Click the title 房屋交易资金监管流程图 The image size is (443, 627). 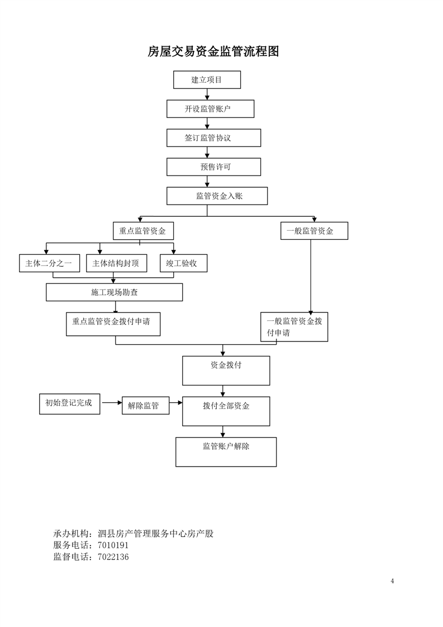[213, 51]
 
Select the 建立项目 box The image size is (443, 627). [207, 79]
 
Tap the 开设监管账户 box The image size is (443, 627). [210, 109]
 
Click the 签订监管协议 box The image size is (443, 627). [213, 138]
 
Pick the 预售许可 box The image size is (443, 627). [213, 167]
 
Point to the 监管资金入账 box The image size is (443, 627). [217, 196]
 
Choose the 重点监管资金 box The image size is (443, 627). [143, 231]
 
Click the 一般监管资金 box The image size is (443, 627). [315, 231]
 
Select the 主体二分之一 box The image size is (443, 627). [50, 263]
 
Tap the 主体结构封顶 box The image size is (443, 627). [116, 263]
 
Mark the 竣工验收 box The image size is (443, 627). [184, 263]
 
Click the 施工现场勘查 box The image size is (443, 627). [115, 292]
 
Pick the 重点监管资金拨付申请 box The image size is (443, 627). [113, 324]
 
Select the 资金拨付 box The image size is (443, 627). [226, 370]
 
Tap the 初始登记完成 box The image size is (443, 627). [70, 404]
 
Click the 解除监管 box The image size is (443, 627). [146, 406]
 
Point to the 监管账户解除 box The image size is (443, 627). [226, 452]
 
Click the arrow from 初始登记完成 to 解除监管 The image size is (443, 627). [112, 402]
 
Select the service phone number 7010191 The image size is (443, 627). [113, 545]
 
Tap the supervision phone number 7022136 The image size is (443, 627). [113, 557]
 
